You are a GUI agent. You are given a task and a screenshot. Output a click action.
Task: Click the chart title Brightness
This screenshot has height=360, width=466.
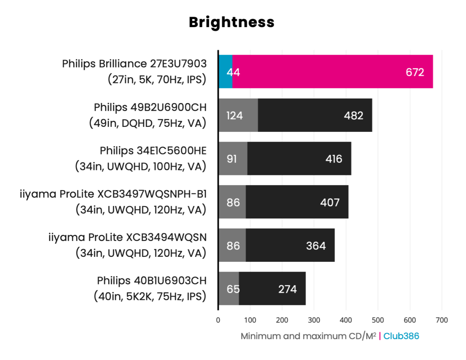tap(231, 22)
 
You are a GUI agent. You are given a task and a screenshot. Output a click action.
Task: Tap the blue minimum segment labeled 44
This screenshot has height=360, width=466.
tap(225, 72)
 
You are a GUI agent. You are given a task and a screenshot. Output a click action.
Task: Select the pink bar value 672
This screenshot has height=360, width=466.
tap(415, 72)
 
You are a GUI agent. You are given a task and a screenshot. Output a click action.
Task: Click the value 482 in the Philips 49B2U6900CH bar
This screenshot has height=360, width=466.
tap(353, 116)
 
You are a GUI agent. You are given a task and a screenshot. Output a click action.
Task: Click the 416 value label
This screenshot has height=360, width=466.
tap(334, 159)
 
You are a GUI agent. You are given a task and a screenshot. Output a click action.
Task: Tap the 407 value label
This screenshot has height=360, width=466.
tap(330, 202)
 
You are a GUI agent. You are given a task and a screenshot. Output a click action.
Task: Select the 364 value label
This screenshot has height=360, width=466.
tap(316, 246)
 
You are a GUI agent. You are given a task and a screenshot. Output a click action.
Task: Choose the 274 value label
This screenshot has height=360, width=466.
tap(287, 289)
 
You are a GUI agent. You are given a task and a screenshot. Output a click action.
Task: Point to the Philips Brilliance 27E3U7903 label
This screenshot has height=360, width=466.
tap(134, 64)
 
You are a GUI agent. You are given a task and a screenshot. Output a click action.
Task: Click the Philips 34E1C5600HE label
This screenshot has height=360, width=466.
tap(153, 150)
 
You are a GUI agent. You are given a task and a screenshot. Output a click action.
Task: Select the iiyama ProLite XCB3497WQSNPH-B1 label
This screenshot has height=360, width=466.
tap(113, 194)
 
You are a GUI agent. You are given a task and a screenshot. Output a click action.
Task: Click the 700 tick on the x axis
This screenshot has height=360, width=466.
tap(442, 320)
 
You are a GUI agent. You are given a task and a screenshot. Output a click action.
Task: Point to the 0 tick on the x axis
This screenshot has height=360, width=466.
tap(218, 320)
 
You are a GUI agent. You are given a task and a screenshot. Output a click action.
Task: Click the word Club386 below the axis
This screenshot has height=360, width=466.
tap(401, 336)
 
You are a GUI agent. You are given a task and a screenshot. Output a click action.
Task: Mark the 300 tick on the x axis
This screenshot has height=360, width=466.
tap(314, 320)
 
